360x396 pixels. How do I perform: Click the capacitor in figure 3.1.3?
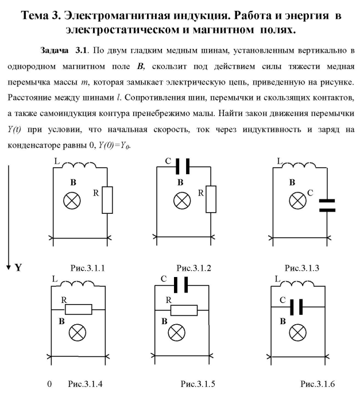pos(327,205)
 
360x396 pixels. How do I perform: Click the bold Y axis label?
pos(18,267)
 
